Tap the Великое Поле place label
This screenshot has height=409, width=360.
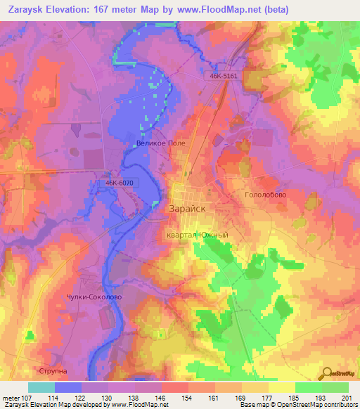[160, 143]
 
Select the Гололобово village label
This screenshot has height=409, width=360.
[265, 195]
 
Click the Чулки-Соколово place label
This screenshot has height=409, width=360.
[94, 297]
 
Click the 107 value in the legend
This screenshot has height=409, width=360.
[28, 398]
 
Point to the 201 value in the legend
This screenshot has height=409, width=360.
[347, 398]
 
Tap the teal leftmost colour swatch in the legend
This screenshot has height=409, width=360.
[41, 387]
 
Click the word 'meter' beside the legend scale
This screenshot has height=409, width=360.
[11, 398]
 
